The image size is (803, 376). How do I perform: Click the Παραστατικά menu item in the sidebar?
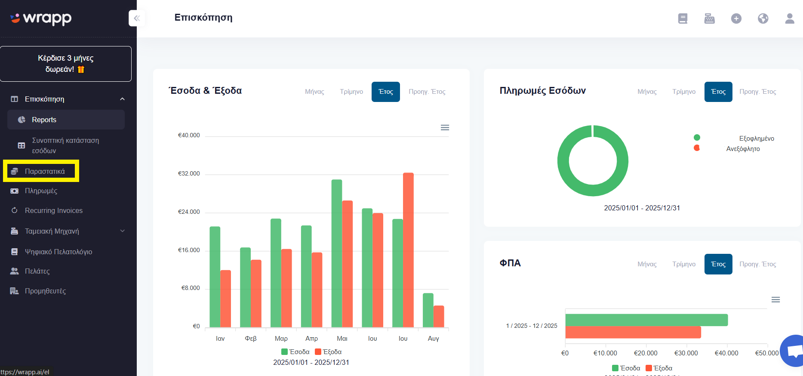point(41,171)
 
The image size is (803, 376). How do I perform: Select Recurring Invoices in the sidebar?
point(53,210)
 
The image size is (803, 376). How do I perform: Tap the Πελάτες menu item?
point(37,271)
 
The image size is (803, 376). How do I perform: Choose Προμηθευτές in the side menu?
point(45,291)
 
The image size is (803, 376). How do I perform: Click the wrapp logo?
point(41,18)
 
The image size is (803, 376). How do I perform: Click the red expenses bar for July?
point(408,250)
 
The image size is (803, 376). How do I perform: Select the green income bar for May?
point(337,253)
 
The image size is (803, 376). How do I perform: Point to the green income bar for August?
point(428,310)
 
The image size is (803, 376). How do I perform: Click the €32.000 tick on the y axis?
point(189,173)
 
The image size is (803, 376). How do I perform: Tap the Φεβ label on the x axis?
point(251,339)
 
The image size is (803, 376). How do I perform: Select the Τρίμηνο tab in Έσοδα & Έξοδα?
point(351,92)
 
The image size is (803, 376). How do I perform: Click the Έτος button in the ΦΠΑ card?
point(718,264)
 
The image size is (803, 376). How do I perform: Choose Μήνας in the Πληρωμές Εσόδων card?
point(647,92)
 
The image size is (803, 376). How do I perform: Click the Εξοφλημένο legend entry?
point(757,139)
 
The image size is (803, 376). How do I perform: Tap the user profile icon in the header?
point(790,18)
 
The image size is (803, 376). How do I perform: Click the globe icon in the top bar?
point(763,18)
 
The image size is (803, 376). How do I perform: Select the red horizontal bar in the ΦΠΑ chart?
point(633,332)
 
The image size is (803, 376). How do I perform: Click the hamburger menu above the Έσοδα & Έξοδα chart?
point(445,127)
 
